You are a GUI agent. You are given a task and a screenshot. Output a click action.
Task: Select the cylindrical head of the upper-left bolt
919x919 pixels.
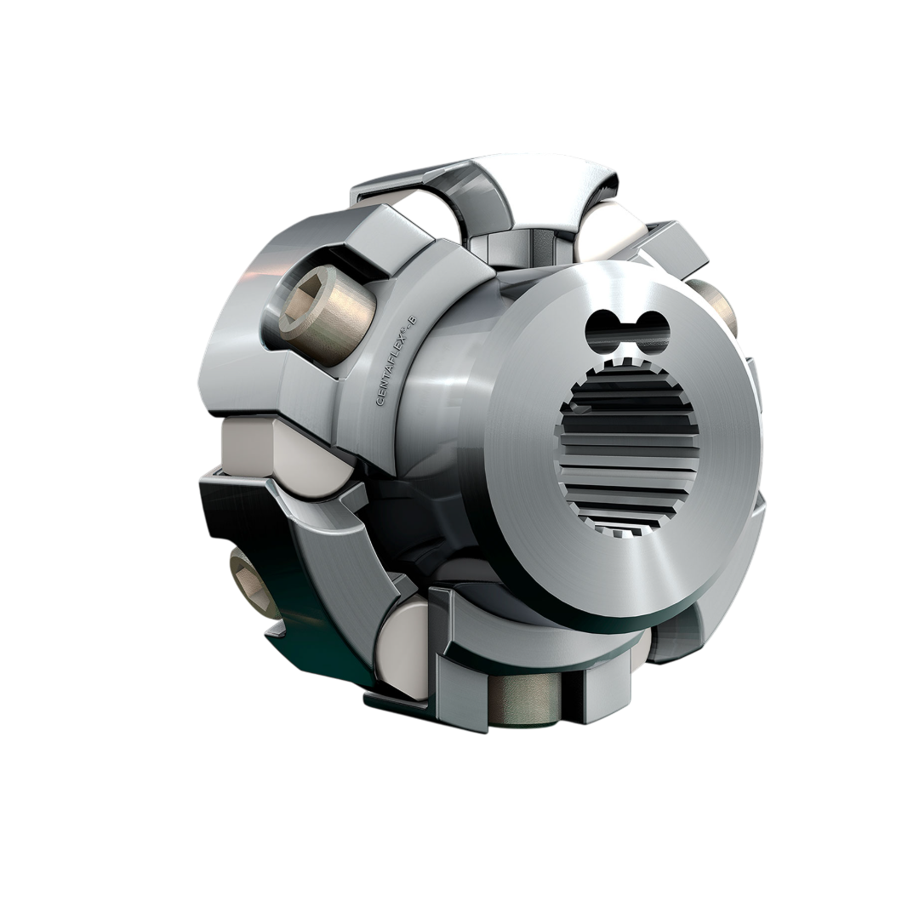pos(328,311)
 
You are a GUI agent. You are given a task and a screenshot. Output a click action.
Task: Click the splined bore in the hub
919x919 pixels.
pos(628,455)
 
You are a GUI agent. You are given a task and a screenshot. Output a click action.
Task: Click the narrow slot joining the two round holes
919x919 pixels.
pos(628,326)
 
